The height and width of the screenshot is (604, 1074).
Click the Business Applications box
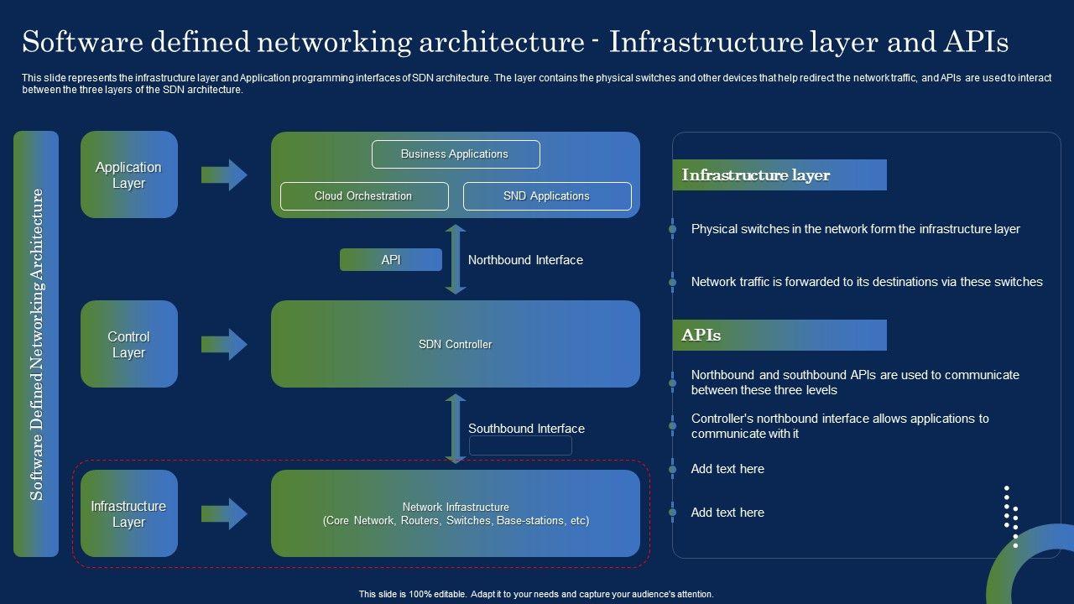coord(456,154)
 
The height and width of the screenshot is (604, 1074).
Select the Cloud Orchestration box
coord(364,196)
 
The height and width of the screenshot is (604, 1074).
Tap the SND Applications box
coord(547,196)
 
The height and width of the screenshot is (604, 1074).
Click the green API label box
coord(391,260)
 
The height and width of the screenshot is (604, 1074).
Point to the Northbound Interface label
coord(525,260)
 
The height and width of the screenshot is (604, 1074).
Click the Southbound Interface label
coord(526,428)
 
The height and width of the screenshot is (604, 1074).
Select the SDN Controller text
coord(455,344)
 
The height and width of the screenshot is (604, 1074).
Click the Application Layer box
coord(129,174)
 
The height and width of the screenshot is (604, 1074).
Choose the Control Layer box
coord(129,344)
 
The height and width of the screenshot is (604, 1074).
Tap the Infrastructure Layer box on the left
coord(129,513)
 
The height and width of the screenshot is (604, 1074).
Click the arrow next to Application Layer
coord(224,175)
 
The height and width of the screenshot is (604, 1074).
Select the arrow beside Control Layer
coord(224,344)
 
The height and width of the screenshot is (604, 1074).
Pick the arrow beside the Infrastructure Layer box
coord(224,514)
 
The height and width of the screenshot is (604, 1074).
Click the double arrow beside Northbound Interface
coord(456,259)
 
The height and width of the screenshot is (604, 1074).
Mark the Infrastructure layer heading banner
coord(779,175)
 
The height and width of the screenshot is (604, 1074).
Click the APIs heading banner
coord(779,335)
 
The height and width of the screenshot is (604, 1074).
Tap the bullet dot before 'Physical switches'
coord(673,229)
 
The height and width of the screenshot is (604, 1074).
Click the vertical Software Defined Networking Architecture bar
coord(36,344)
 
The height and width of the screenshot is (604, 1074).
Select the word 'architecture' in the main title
coord(502,42)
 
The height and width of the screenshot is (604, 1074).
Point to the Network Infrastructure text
coord(456,513)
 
